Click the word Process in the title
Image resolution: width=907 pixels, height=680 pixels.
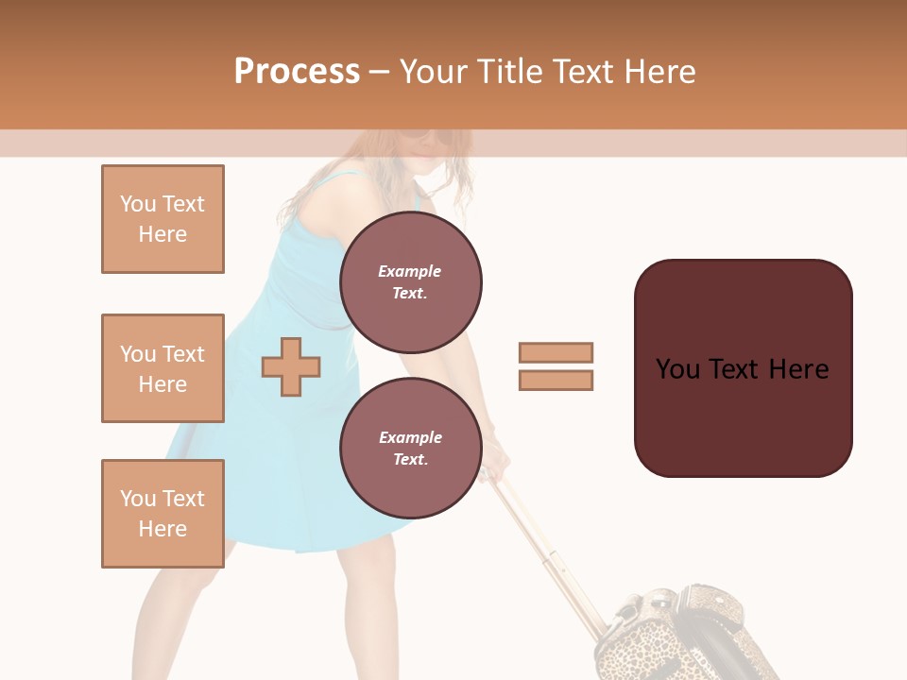pyautogui.click(x=297, y=72)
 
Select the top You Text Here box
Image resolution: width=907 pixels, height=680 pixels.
pyautogui.click(x=163, y=219)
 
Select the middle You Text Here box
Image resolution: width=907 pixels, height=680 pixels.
pyautogui.click(x=163, y=368)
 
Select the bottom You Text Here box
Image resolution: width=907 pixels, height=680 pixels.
pyautogui.click(x=163, y=514)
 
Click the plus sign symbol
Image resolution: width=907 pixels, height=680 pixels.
pyautogui.click(x=291, y=366)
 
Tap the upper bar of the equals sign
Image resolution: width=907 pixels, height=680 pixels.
pyautogui.click(x=556, y=352)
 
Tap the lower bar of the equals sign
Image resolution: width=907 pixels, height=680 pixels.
pyautogui.click(x=556, y=380)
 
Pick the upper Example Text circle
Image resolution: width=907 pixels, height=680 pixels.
pyautogui.click(x=410, y=282)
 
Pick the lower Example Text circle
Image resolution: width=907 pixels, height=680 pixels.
pyautogui.click(x=410, y=448)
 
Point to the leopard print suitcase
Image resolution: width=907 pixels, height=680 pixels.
pyautogui.click(x=676, y=637)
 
